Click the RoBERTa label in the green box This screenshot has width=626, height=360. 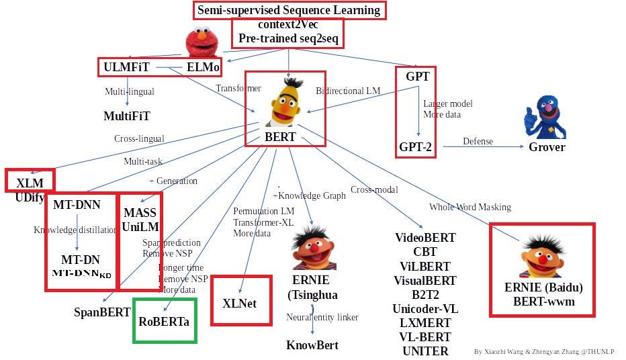(x=164, y=321)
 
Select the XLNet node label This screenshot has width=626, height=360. (x=240, y=303)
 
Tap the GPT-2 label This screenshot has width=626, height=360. (x=416, y=146)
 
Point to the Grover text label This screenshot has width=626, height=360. (x=546, y=147)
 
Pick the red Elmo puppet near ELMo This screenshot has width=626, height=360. (x=204, y=44)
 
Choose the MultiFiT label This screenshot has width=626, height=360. (x=126, y=116)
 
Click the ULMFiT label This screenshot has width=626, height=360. (x=126, y=67)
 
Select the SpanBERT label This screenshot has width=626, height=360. (x=102, y=312)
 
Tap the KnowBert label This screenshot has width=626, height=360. (x=312, y=345)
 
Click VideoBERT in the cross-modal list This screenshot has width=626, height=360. (x=425, y=238)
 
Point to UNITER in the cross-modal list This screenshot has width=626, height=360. (x=425, y=351)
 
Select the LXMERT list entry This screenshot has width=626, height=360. (x=425, y=323)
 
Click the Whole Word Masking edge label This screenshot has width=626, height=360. (x=470, y=207)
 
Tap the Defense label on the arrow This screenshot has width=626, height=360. (x=478, y=141)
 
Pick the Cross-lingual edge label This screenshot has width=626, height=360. (x=139, y=139)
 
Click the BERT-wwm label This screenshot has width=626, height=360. (x=543, y=302)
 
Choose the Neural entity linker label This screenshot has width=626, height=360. (x=322, y=317)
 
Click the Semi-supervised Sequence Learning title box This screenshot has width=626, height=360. (x=289, y=10)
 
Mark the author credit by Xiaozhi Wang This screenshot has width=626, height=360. (x=543, y=351)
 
